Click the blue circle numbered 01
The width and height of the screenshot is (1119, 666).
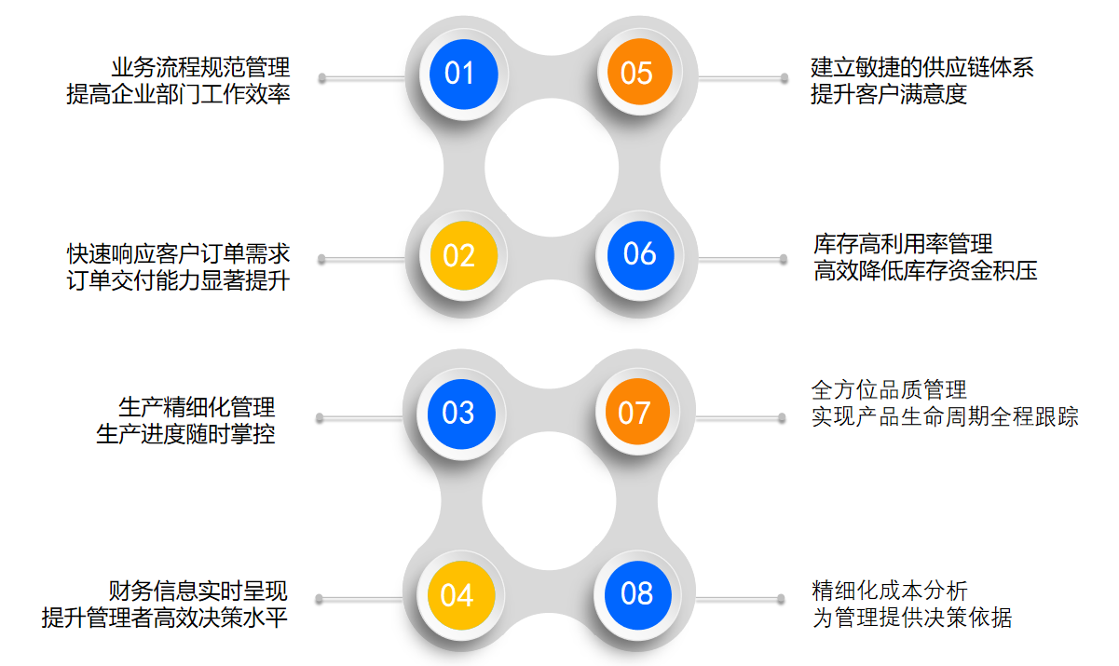(459, 73)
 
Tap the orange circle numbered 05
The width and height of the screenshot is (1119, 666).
(637, 73)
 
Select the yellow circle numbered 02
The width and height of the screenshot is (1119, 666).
(459, 255)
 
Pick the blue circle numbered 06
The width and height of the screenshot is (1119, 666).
(639, 253)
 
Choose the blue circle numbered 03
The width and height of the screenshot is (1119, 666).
(458, 413)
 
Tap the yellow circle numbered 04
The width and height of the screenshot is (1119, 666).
(457, 595)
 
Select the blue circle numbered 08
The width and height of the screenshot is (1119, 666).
(637, 593)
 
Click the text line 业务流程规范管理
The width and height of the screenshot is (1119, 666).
(200, 67)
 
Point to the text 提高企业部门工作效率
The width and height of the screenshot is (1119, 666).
(178, 94)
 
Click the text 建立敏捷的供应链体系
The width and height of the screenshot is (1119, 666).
(921, 67)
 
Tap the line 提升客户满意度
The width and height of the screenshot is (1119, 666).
(888, 94)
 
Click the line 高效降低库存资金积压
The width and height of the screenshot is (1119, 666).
(925, 271)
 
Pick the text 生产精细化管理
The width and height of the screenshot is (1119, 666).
(197, 407)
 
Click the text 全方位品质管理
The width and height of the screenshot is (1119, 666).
(889, 389)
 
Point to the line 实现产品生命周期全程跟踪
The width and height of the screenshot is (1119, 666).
(945, 416)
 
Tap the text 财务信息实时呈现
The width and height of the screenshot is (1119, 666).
(198, 591)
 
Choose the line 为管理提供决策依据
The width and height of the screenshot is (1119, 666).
(911, 618)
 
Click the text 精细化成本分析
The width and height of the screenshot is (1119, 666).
(890, 591)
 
